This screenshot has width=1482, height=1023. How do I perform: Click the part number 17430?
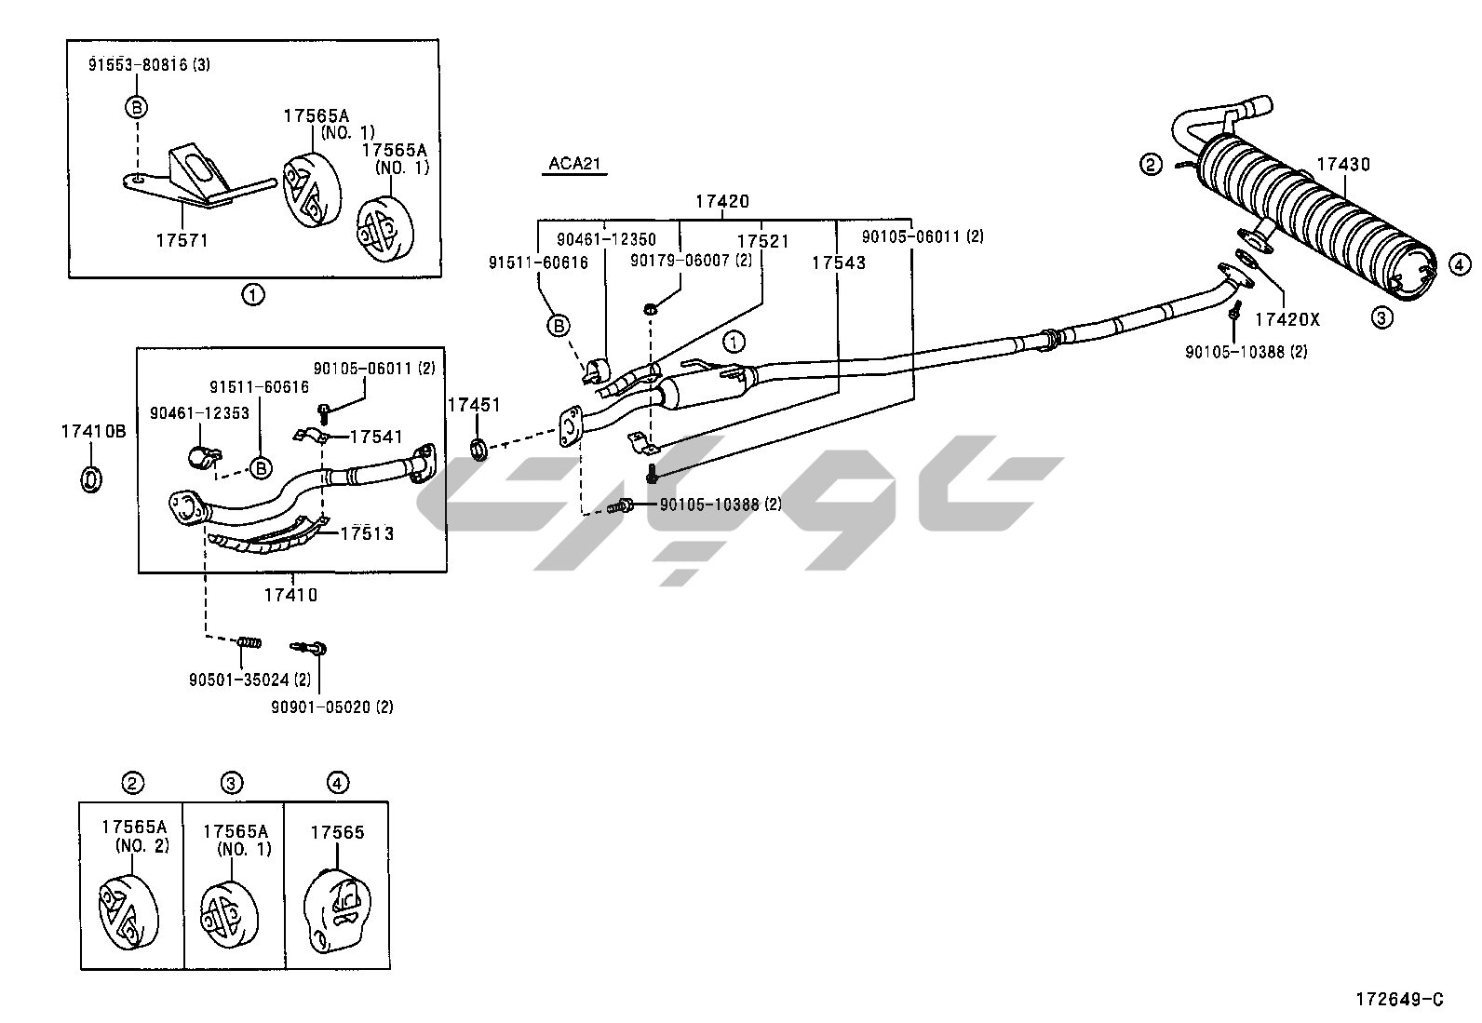(1342, 165)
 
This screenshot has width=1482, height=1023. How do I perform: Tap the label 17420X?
(1287, 319)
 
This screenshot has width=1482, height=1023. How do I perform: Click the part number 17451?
(474, 405)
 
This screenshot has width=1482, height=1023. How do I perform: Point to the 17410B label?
(93, 431)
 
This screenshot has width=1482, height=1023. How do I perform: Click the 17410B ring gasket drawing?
(91, 479)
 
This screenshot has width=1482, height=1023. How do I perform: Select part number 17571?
(182, 240)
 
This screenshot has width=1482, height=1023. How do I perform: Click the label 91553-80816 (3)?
(149, 65)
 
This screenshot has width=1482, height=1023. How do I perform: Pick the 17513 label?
(367, 533)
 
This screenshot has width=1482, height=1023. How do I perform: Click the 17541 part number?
(377, 436)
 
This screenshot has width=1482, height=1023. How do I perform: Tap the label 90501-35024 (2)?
(249, 680)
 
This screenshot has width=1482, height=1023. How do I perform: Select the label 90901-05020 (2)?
(332, 707)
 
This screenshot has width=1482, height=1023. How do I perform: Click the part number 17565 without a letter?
(337, 833)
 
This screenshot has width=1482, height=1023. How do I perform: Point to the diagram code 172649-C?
(1399, 1000)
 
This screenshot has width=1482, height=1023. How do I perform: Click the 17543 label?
(838, 263)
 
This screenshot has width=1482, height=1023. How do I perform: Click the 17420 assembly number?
(722, 201)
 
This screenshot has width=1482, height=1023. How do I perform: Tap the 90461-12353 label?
(199, 412)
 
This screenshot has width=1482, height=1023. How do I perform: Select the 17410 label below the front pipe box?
(290, 594)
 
